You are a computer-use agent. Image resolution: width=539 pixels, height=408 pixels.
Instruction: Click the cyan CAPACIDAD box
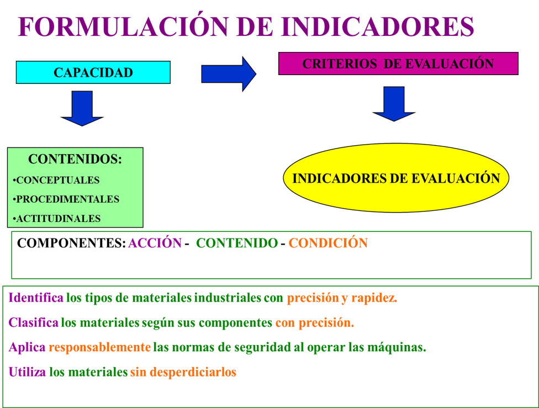93,72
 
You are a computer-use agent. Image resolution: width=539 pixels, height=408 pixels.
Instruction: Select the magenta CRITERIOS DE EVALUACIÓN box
398,63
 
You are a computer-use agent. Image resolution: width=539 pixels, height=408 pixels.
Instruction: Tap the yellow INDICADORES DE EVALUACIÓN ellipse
396,178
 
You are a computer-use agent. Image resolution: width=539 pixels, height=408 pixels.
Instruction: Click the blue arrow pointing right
229,74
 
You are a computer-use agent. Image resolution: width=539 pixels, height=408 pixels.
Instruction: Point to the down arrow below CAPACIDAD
82,108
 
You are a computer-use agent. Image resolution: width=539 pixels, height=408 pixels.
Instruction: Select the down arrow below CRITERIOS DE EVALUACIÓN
394,104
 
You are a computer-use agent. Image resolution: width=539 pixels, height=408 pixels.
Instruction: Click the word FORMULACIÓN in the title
123,27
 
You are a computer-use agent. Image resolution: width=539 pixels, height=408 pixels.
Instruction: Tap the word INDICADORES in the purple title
377,27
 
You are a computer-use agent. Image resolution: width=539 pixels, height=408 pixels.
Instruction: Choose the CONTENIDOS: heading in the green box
75,159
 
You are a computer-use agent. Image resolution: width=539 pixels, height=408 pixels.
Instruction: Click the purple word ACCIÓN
155,243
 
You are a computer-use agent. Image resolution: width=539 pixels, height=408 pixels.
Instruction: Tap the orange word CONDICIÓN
328,243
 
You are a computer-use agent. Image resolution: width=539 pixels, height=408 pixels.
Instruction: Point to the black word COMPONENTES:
71,243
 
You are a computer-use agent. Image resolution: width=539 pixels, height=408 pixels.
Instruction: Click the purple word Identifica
36,298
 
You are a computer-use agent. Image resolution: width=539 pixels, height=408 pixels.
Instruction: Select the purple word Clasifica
33,322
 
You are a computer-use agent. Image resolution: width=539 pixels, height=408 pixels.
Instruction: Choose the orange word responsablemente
100,347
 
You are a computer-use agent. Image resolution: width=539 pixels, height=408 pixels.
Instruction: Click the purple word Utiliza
27,372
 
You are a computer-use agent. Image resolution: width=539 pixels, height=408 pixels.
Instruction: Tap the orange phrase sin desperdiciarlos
183,372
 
